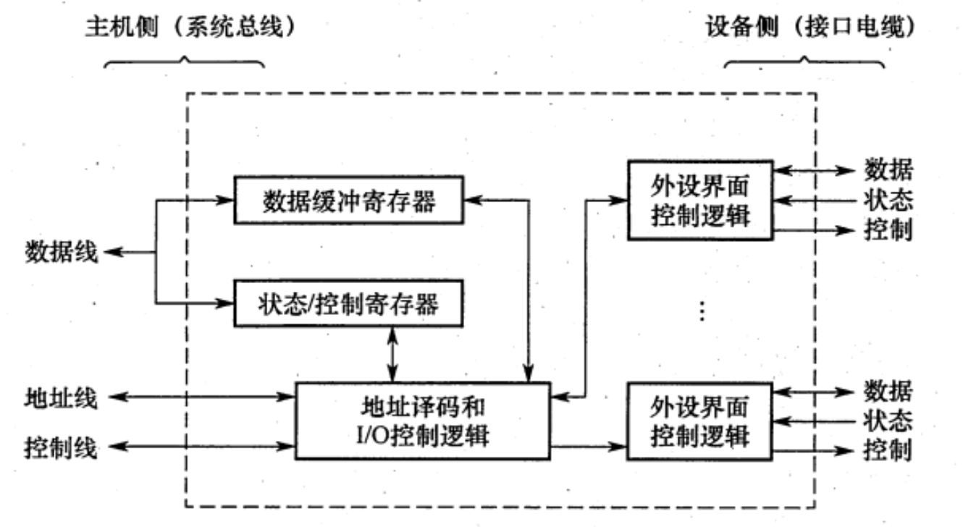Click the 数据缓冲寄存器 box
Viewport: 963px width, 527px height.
(349, 202)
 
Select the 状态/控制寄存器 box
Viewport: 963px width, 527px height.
(349, 305)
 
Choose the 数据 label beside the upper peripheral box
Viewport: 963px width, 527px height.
(888, 171)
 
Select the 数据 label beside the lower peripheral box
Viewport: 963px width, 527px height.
(888, 392)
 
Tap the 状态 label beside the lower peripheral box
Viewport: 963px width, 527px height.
(888, 420)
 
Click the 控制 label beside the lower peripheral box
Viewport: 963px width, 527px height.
(888, 450)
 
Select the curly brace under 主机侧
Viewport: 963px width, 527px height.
(184, 63)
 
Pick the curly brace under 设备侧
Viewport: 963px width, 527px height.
(804, 63)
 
